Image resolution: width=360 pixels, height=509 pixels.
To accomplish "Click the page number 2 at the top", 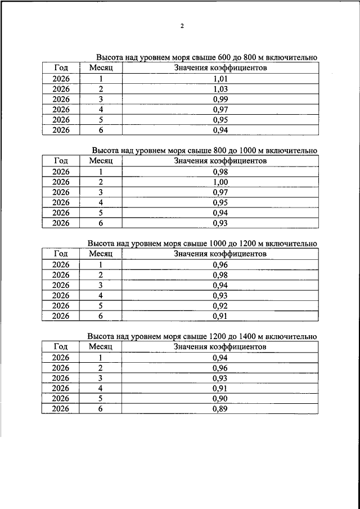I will [x=182, y=26].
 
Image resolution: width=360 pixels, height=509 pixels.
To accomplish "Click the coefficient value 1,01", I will [x=220, y=79].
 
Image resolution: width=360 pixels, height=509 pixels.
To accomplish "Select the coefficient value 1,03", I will [x=220, y=89].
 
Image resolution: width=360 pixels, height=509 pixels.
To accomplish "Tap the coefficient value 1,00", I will [x=220, y=182].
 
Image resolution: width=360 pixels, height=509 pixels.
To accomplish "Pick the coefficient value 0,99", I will [x=220, y=99].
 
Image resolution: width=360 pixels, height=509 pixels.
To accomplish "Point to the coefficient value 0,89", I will [x=220, y=409].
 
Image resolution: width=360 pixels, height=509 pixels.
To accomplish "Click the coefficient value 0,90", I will [x=220, y=399].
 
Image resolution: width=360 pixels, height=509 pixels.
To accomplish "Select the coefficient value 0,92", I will [x=220, y=305].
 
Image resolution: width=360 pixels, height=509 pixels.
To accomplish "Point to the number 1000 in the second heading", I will [x=232, y=150].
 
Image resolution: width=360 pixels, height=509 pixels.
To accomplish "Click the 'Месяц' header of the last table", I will [x=101, y=347].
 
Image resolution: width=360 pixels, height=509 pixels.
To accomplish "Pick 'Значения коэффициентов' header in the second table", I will [x=220, y=161].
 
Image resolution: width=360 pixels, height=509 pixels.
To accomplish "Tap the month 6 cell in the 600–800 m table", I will [x=101, y=130].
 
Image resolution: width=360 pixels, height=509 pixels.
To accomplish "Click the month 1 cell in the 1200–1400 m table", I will [x=101, y=358].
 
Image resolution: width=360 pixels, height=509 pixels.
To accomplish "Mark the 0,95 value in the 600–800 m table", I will [x=220, y=120].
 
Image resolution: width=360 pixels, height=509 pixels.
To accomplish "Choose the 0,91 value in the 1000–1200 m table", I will [x=220, y=316].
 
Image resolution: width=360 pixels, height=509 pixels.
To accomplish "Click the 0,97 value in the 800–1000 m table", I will [x=220, y=192].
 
